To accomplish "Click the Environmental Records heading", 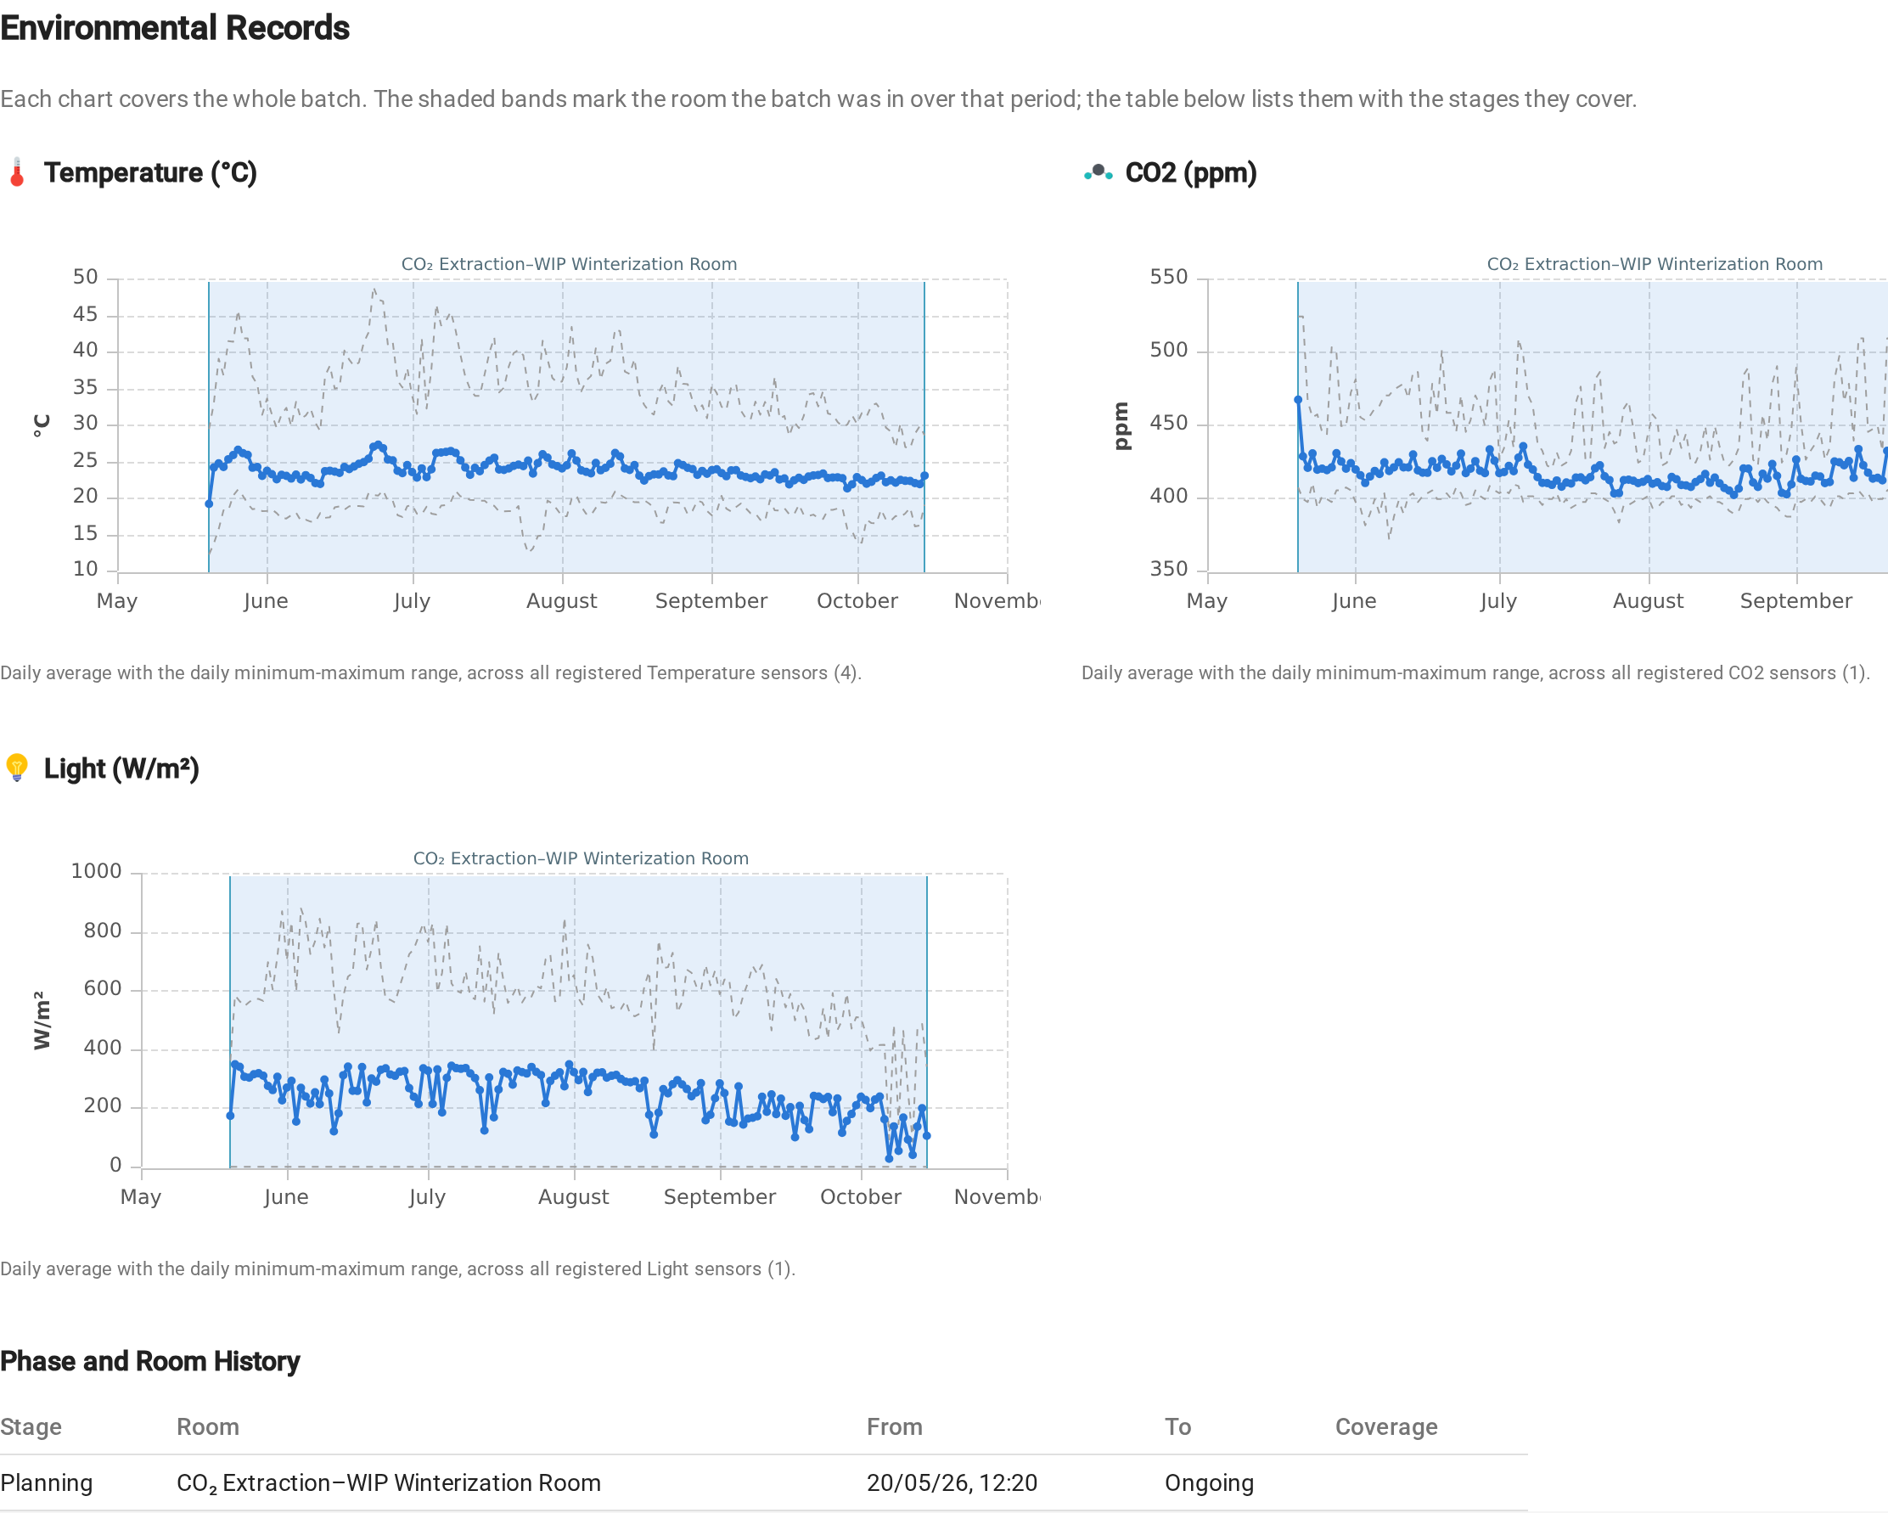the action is tap(175, 28).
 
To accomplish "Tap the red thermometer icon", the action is tap(17, 172).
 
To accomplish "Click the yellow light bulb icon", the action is tap(17, 768).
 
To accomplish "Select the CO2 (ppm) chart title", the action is tap(1191, 172).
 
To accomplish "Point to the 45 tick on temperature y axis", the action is tap(85, 314).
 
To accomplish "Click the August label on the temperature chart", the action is tap(561, 600).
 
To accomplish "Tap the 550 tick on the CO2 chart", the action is tap(1168, 277).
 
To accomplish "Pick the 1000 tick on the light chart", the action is tap(96, 871).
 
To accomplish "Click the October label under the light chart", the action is tap(861, 1197).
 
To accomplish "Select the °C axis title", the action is tap(41, 425).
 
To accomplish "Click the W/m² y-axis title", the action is tap(41, 1020).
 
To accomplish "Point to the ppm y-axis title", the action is tap(1121, 426).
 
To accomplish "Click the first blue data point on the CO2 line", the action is tap(1298, 400).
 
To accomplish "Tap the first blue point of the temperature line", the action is tap(209, 503).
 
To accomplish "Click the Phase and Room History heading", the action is tap(149, 1361).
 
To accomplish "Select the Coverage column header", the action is tap(1386, 1426).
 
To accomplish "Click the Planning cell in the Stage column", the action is tap(47, 1482).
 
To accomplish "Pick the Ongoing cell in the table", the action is tap(1210, 1482).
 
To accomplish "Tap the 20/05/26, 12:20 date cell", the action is tap(952, 1482).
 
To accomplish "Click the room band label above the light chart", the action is tap(581, 858).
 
